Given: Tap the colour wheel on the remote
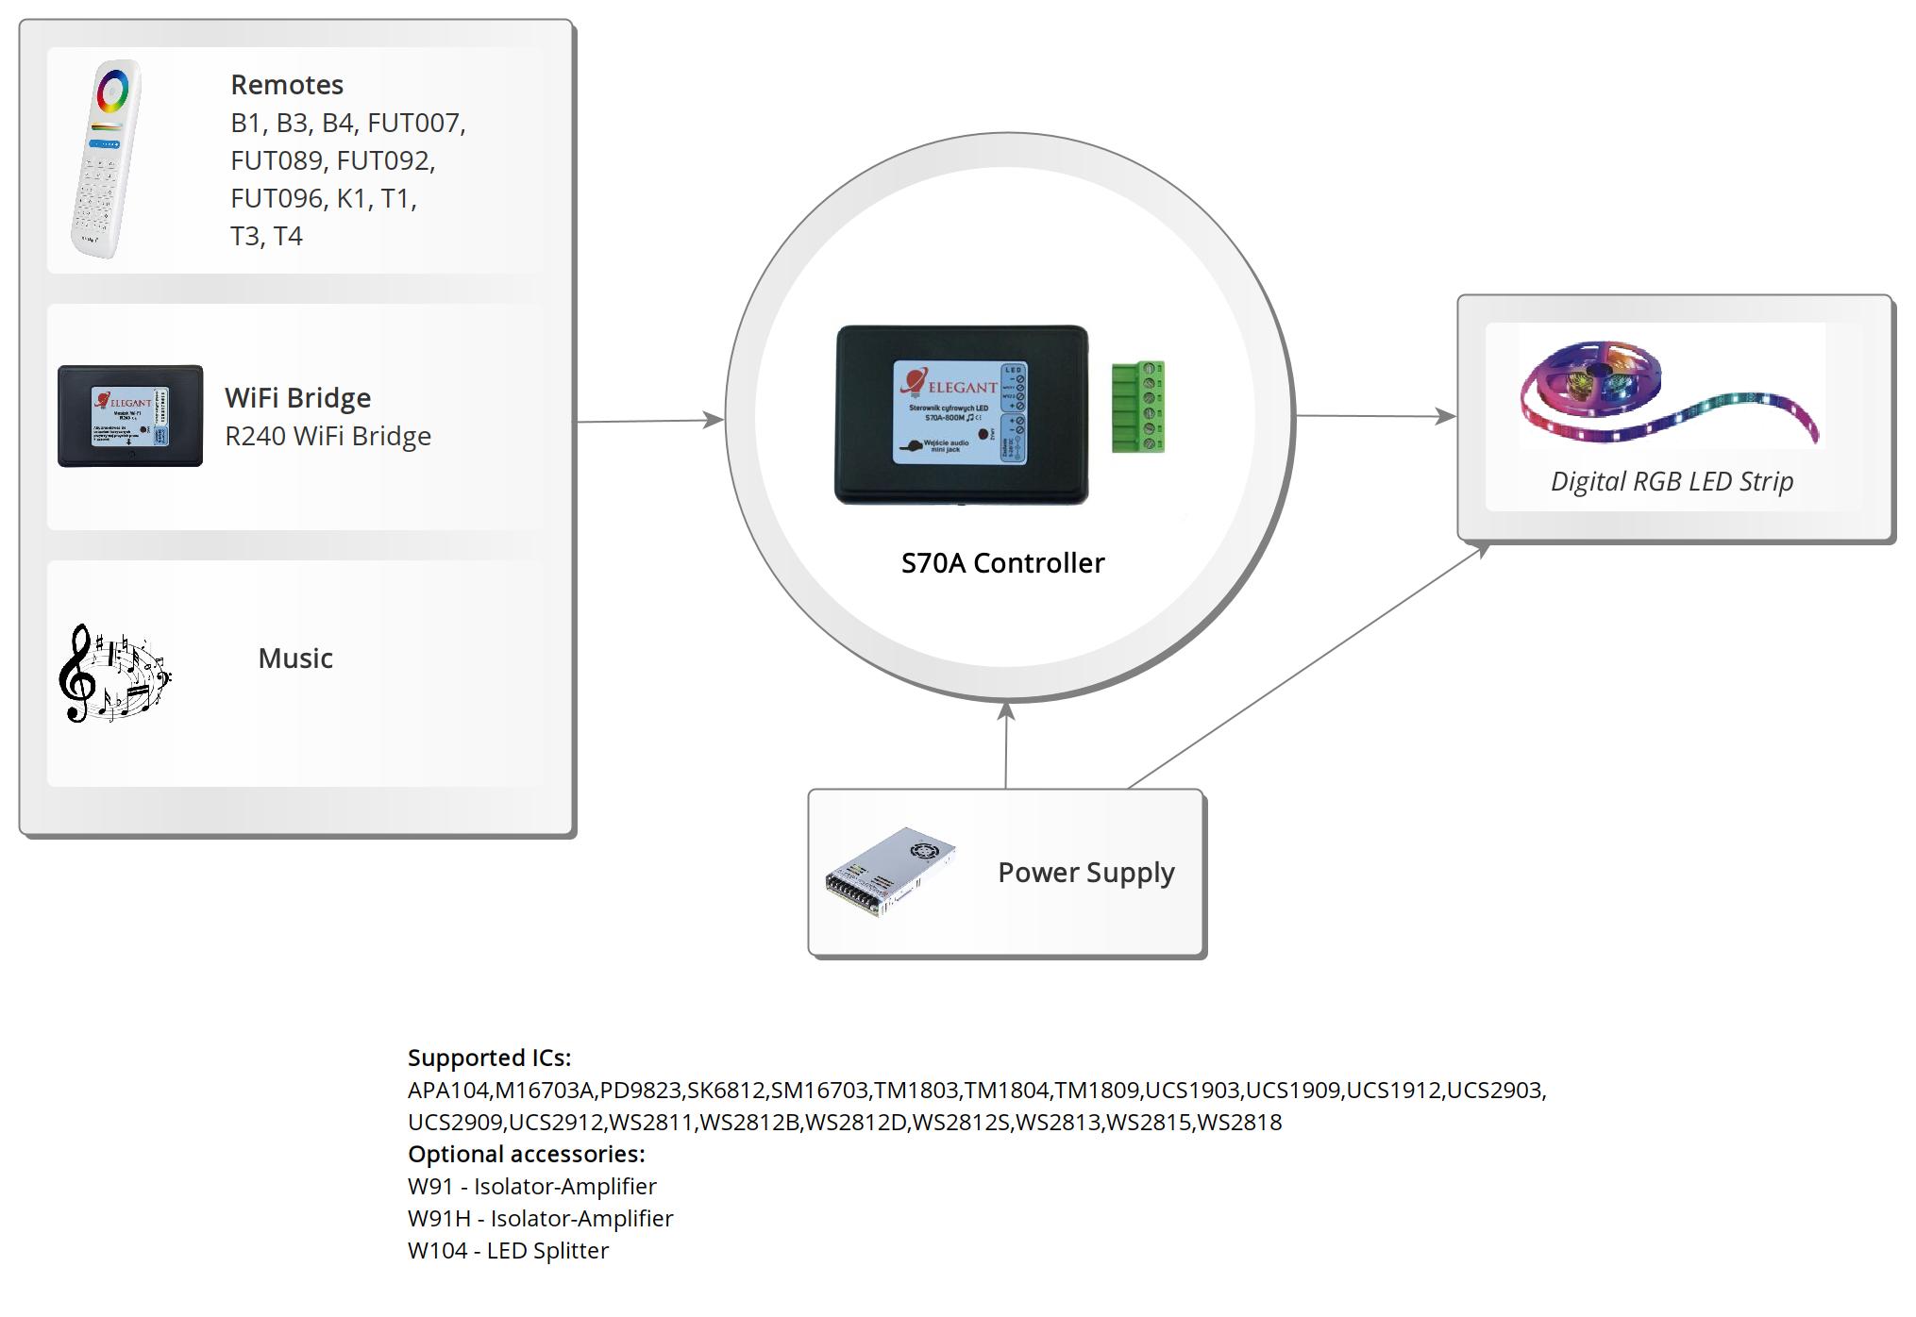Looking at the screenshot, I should click(x=112, y=92).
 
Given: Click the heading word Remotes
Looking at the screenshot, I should click(x=287, y=85).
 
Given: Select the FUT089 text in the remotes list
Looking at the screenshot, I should click(x=277, y=160).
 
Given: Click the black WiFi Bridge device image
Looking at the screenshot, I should click(x=130, y=416).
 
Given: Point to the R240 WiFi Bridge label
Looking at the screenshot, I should click(x=328, y=436).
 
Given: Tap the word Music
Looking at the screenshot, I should click(x=295, y=658).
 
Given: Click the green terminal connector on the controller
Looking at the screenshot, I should click(x=1137, y=407).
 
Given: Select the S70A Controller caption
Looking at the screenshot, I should click(x=1002, y=563).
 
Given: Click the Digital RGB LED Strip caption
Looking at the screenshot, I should click(x=1672, y=482).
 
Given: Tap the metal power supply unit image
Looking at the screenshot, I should click(x=890, y=872).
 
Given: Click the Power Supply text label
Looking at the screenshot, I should click(x=1085, y=873).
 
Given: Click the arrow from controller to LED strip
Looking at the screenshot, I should click(x=1373, y=415).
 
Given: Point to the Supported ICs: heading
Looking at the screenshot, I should click(x=489, y=1058).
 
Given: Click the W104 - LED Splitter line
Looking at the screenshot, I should click(x=508, y=1251).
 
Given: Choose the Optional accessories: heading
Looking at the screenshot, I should click(x=526, y=1154).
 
